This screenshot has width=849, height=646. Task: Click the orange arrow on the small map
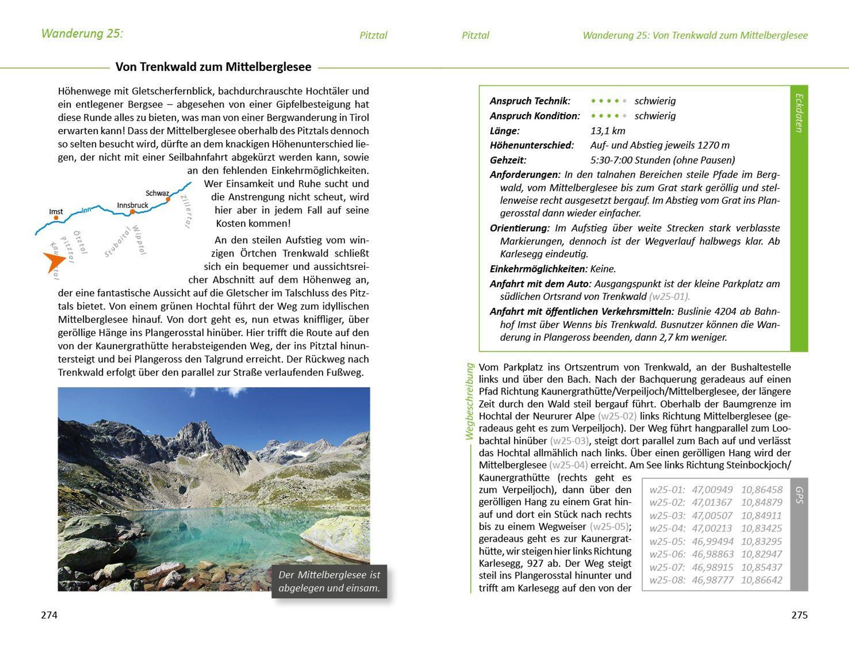(53, 262)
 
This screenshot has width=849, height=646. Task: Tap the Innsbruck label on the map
(133, 205)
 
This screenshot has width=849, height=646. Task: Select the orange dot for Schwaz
(168, 199)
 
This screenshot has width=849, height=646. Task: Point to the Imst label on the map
(56, 211)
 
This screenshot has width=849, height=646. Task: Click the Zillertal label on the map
(186, 211)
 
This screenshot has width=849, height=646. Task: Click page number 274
(49, 615)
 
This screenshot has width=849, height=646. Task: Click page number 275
(799, 615)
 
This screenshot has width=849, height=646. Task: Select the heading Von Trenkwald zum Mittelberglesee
(213, 67)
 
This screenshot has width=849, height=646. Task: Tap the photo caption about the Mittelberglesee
(329, 581)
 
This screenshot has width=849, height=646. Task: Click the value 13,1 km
(608, 131)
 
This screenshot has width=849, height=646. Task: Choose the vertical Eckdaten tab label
(799, 113)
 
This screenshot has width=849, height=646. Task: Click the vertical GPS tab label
(799, 495)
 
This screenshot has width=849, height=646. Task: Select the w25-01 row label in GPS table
(667, 490)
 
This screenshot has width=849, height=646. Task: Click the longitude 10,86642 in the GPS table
(761, 580)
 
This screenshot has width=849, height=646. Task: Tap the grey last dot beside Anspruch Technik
(625, 101)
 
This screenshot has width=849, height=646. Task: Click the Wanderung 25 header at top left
(82, 34)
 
